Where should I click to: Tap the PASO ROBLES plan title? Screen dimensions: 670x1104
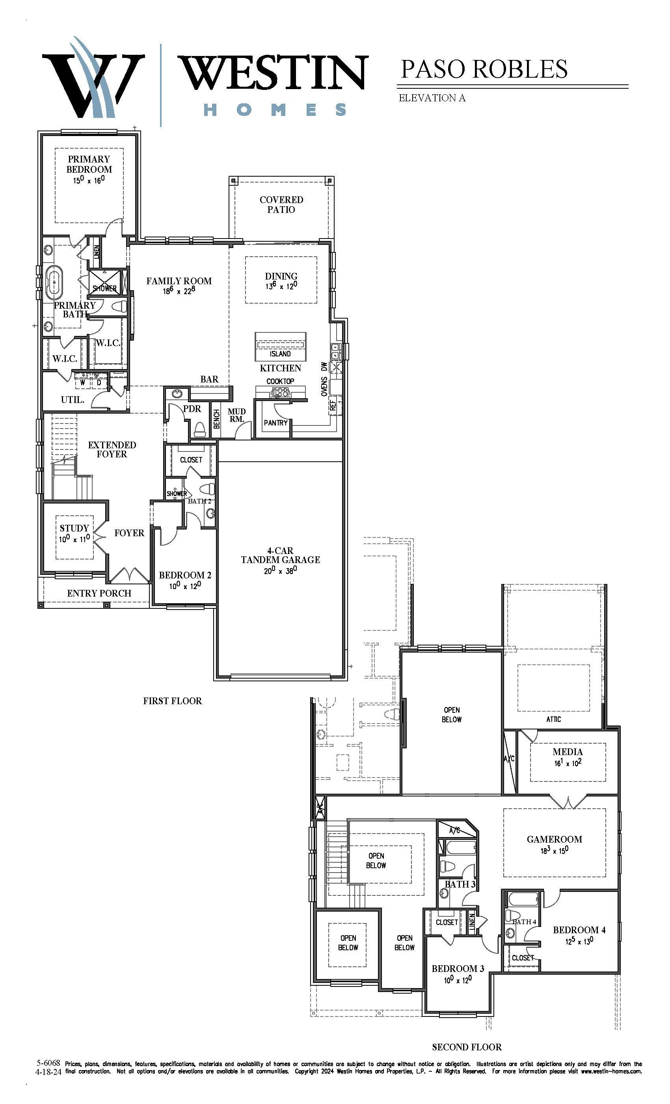(x=484, y=69)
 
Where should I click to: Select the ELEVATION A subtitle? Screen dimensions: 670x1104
(x=432, y=98)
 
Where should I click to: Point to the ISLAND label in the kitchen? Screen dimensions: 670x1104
(x=280, y=354)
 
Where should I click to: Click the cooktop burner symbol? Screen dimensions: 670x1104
(x=280, y=393)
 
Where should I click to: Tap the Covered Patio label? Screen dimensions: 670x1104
(x=281, y=205)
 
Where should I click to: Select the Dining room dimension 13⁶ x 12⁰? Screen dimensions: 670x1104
(x=281, y=286)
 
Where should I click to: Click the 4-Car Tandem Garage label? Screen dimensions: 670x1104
(x=280, y=555)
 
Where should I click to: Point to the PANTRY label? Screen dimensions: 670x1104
(x=276, y=423)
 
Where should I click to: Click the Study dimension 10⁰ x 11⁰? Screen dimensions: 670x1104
(x=74, y=539)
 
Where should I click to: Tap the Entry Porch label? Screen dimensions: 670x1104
(x=99, y=593)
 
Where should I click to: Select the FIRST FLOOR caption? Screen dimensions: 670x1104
(x=173, y=701)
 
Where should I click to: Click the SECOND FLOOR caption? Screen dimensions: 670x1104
(x=467, y=1047)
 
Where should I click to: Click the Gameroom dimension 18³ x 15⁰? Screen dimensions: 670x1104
(x=555, y=850)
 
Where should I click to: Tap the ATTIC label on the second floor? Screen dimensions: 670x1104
(x=554, y=719)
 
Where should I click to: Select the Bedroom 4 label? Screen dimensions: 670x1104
(x=579, y=930)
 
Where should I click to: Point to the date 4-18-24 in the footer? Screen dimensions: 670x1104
(x=48, y=1072)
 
